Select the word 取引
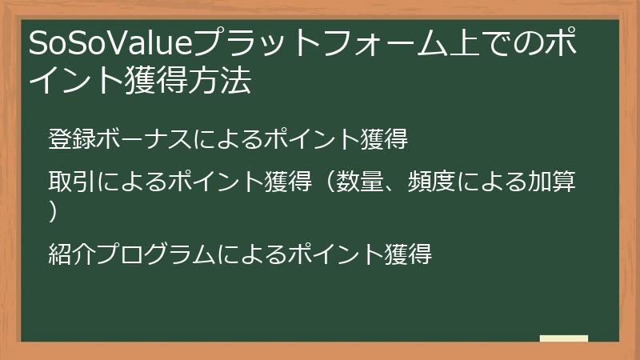pyautogui.click(x=71, y=182)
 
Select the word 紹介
pyautogui.click(x=71, y=254)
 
